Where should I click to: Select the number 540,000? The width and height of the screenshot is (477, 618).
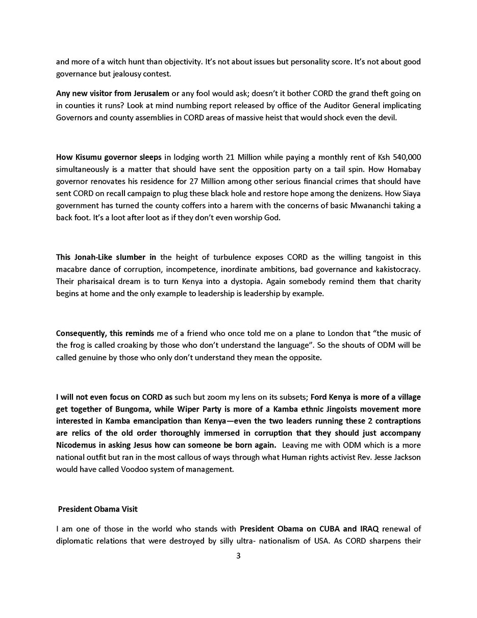pyautogui.click(x=405, y=157)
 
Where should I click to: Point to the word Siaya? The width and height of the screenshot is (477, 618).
pyautogui.click(x=411, y=193)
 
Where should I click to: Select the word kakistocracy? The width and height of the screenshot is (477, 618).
pyautogui.click(x=398, y=269)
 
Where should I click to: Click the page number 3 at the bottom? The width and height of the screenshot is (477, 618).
pyautogui.click(x=238, y=556)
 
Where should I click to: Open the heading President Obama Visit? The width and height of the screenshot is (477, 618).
pyautogui.click(x=97, y=509)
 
